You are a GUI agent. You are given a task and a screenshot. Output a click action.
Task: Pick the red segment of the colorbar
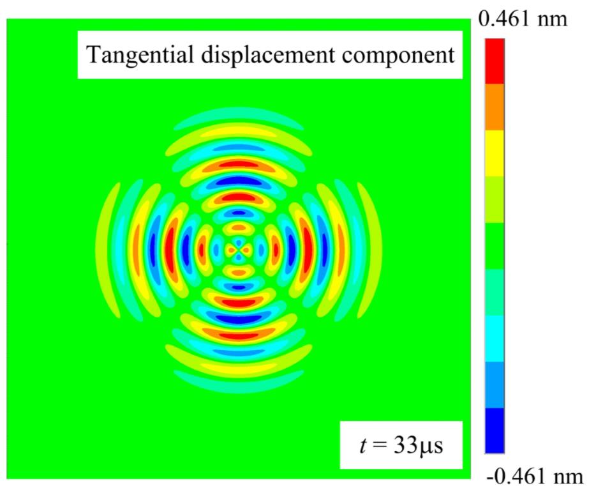tap(495, 61)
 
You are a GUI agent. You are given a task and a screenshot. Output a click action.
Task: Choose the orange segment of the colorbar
tap(495, 107)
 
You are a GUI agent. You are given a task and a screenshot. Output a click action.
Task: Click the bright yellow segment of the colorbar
tap(495, 153)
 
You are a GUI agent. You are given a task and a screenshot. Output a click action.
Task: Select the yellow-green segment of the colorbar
tap(495, 199)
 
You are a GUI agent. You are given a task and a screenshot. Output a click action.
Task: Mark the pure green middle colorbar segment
tap(495, 246)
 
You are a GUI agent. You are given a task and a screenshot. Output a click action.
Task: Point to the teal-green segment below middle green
tap(495, 292)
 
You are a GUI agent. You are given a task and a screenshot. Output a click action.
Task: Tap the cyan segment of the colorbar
tap(495, 338)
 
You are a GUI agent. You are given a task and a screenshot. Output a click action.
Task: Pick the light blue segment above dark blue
tap(495, 385)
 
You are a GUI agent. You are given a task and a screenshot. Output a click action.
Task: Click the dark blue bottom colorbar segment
tap(495, 430)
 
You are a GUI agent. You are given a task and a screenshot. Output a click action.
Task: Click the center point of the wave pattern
tap(238, 247)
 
